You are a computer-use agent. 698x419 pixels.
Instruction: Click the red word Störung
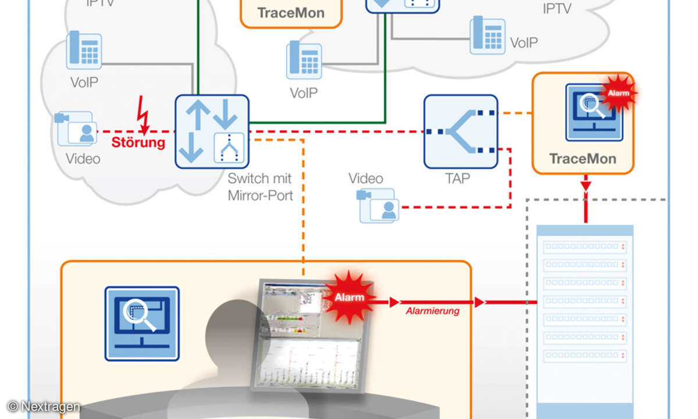[x=138, y=143]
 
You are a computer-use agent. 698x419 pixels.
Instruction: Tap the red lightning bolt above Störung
[x=143, y=115]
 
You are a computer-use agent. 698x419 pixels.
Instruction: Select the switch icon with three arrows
[x=212, y=132]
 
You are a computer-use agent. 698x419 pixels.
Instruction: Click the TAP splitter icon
[x=461, y=132]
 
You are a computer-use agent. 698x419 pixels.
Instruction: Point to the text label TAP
[x=457, y=179]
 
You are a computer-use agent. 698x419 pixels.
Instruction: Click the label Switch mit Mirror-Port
[x=259, y=187]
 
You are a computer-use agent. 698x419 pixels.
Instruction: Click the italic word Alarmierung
[x=432, y=311]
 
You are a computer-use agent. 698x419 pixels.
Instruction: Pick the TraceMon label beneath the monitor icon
[x=582, y=159]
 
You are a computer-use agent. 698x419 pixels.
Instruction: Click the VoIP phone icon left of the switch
[x=84, y=50]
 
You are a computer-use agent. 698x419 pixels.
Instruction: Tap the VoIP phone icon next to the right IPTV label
[x=487, y=35]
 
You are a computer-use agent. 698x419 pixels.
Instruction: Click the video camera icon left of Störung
[x=75, y=129]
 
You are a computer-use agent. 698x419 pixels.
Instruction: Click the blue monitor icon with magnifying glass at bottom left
[x=142, y=323]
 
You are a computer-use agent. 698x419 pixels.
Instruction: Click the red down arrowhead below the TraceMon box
[x=586, y=186]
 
